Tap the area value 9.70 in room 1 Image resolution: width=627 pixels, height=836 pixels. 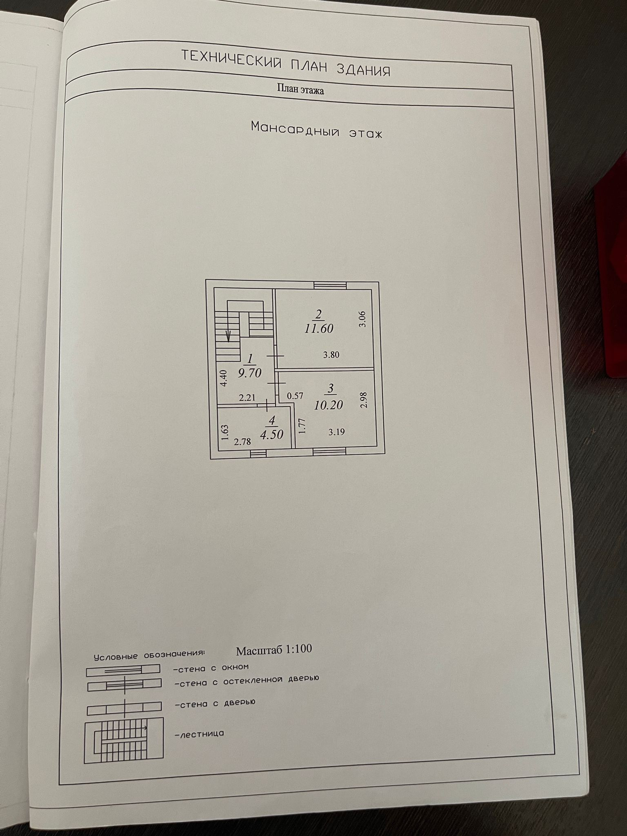[249, 373]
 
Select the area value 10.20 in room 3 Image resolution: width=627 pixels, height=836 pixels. [329, 405]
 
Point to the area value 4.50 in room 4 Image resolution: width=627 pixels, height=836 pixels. [272, 434]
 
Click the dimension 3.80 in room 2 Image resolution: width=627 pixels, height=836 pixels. [331, 355]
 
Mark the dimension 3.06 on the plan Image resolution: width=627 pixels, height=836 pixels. [362, 319]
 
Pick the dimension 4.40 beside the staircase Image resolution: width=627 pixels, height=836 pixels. [223, 378]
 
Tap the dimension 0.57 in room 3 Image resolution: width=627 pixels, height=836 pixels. [295, 396]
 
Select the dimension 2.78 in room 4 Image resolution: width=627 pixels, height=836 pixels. [242, 441]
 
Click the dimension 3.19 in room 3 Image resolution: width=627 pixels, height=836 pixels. [336, 432]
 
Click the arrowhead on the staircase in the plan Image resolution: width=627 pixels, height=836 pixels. [229, 337]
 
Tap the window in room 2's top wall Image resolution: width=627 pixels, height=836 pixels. [330, 285]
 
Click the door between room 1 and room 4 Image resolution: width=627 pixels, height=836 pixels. [267, 405]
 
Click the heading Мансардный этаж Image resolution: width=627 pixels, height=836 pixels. [316, 129]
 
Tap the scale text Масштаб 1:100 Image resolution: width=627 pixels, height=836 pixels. [274, 649]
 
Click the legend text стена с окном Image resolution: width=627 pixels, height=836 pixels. [211, 668]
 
